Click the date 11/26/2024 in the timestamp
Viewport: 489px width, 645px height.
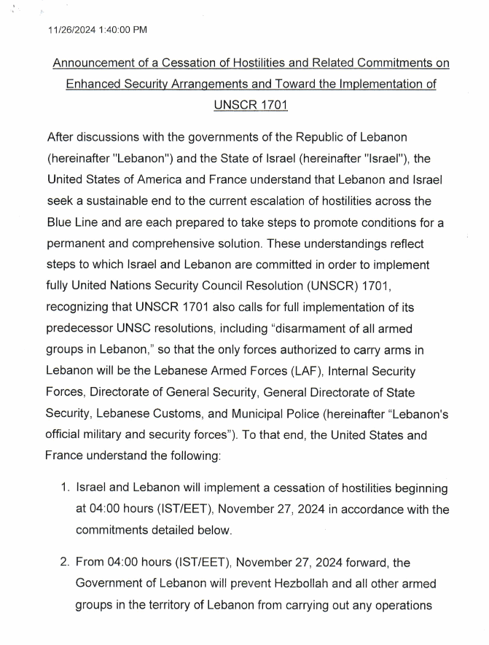pos(69,30)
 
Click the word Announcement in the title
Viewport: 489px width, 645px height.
pos(94,63)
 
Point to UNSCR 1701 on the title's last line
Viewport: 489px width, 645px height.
pos(251,104)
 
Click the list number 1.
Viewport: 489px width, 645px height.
pos(65,488)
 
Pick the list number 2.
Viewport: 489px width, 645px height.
pos(65,563)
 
